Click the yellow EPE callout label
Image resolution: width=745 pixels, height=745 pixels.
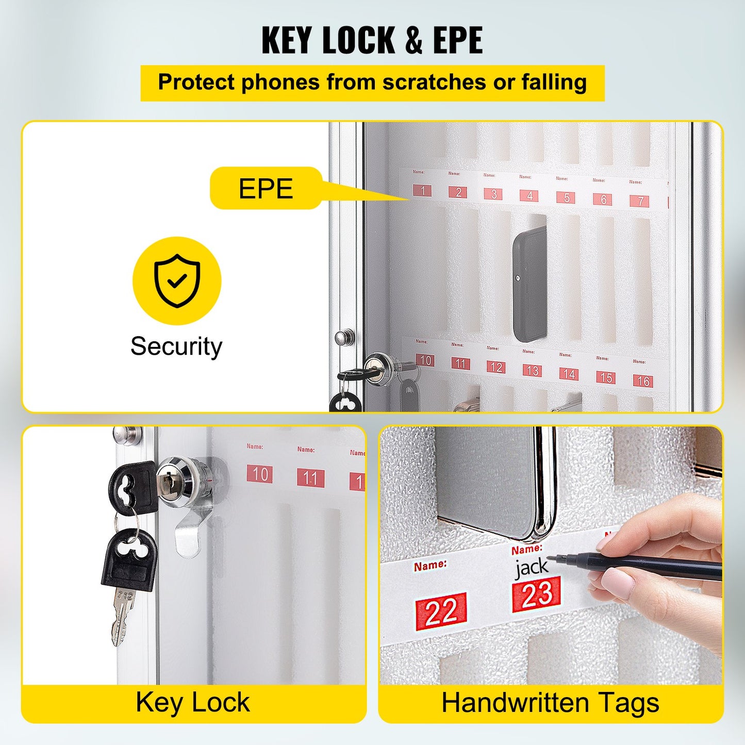coord(266,188)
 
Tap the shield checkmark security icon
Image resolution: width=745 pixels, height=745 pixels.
coord(177,280)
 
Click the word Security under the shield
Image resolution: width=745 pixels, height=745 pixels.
coord(176,346)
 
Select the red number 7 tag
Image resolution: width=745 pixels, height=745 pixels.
coord(639,201)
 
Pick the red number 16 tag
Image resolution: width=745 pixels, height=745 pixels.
coord(643,381)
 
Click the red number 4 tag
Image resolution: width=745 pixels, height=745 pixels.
coord(529,196)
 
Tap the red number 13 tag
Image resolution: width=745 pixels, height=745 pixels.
coord(532,371)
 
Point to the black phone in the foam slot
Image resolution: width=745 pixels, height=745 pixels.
coord(530,284)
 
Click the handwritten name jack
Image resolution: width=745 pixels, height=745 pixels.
coord(532,567)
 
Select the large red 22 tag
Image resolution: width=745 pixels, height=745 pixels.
coord(441,611)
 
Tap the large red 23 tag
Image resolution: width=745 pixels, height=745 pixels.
coord(536,594)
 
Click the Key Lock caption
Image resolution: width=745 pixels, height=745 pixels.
coord(193,703)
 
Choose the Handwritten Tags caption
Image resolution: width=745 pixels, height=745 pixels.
coord(550,703)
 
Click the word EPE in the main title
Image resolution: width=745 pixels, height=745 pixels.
coord(457,41)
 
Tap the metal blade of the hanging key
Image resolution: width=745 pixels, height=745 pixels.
coord(122,616)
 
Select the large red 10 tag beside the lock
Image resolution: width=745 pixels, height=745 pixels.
coord(260,474)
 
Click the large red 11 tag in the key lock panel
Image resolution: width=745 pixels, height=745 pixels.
coord(310,478)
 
